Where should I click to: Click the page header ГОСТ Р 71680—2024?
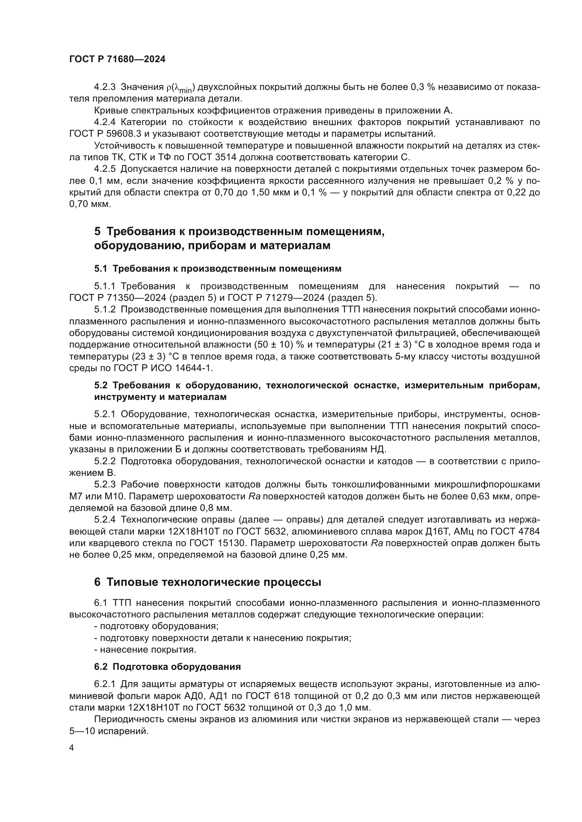[x=117, y=59]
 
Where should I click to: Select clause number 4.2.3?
[x=105, y=87]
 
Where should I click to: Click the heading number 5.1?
[x=101, y=268]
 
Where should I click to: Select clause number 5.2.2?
[x=105, y=461]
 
